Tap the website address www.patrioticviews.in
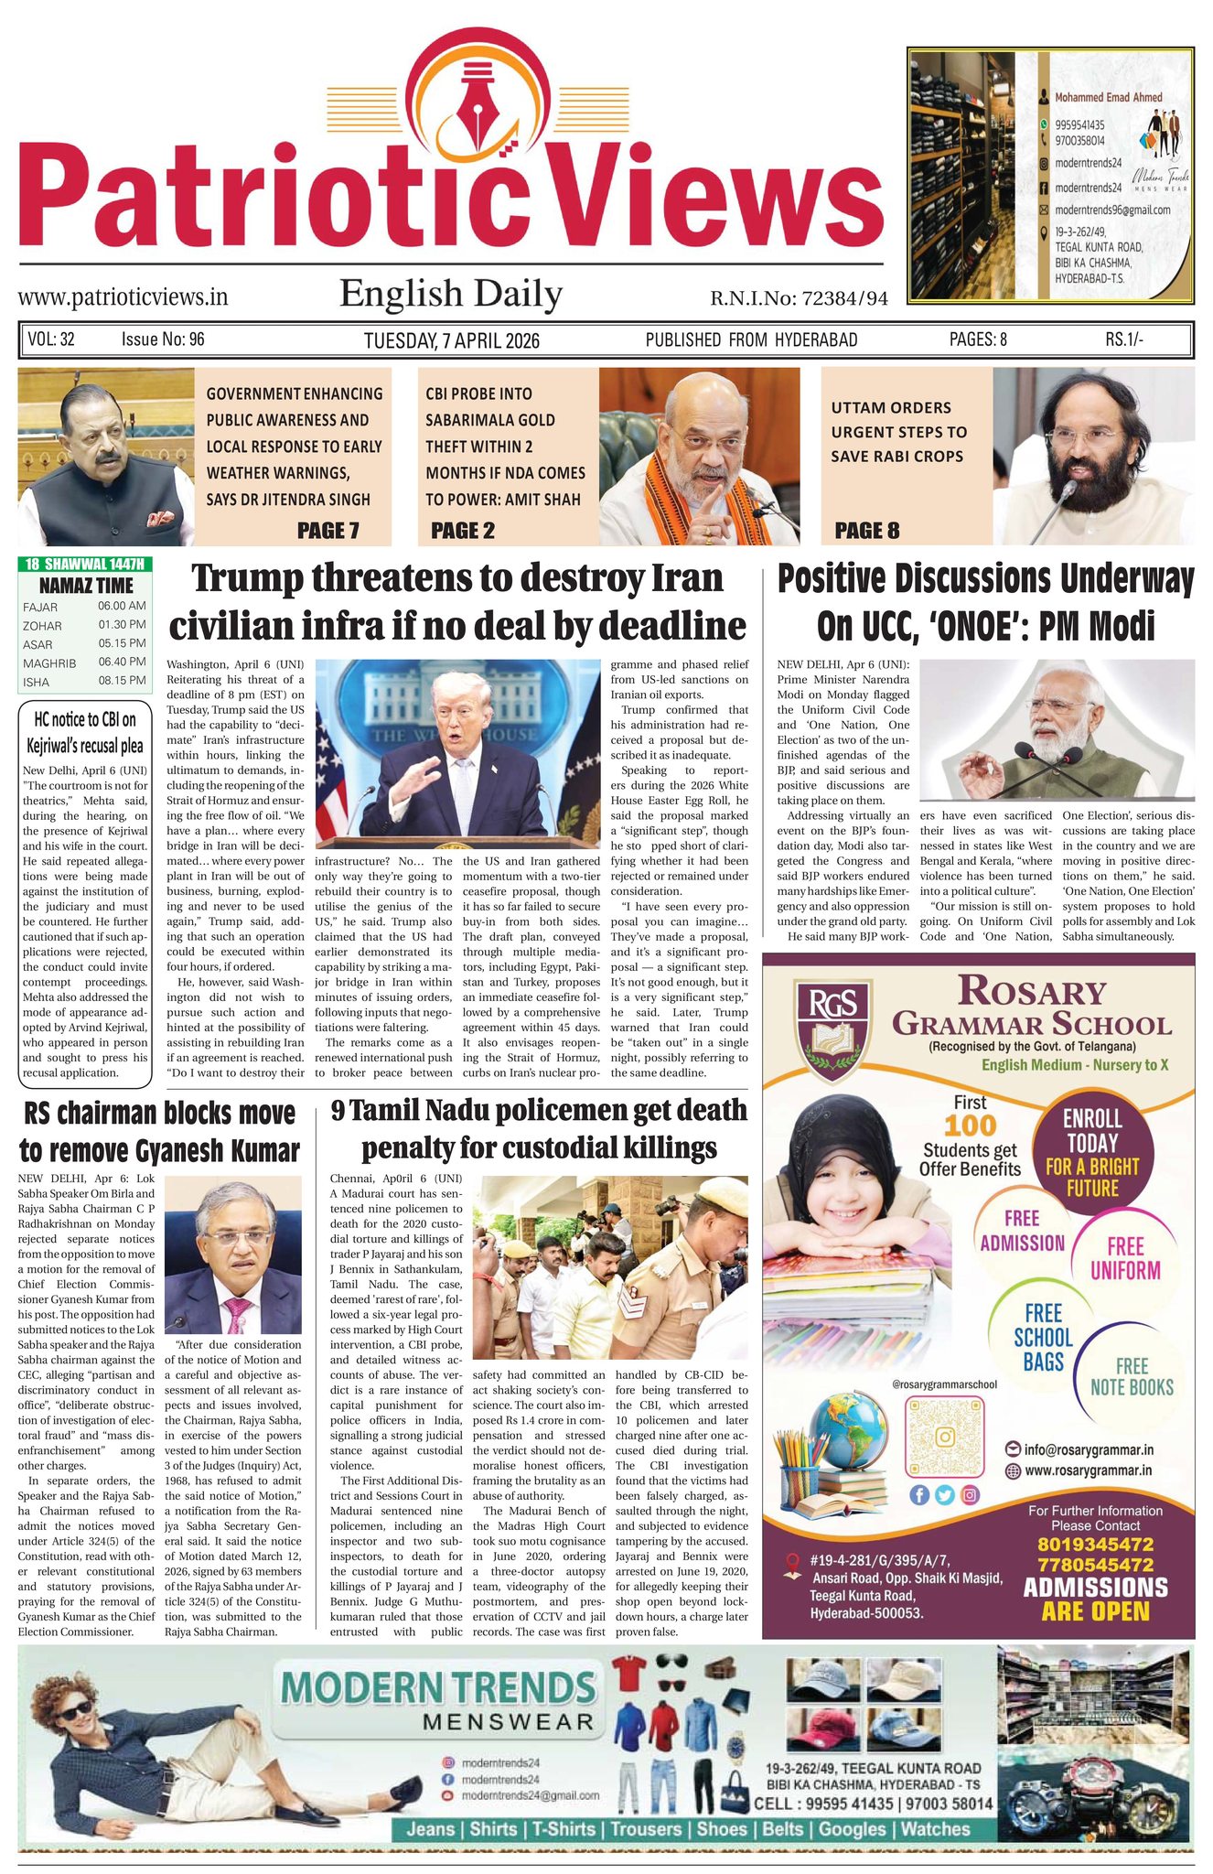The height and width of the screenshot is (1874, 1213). pyautogui.click(x=123, y=296)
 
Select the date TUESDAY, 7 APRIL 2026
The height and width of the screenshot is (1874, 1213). pyautogui.click(x=451, y=340)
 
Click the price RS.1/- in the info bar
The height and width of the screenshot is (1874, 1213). pyautogui.click(x=1123, y=339)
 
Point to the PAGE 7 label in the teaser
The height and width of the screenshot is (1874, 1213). pyautogui.click(x=327, y=530)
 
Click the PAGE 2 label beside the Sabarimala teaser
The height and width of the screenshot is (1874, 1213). pyautogui.click(x=462, y=531)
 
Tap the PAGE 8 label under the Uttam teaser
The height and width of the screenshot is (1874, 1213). pyautogui.click(x=866, y=530)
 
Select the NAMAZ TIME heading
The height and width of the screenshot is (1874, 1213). pyautogui.click(x=86, y=586)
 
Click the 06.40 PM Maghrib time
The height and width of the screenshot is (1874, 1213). pyautogui.click(x=122, y=662)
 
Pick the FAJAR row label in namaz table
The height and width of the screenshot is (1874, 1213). pyautogui.click(x=40, y=607)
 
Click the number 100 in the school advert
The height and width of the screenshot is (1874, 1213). pyautogui.click(x=970, y=1125)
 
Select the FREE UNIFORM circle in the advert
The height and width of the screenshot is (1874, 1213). pyautogui.click(x=1125, y=1257)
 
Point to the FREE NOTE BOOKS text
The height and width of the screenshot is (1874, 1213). pyautogui.click(x=1132, y=1376)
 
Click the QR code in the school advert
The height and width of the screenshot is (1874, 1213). pyautogui.click(x=942, y=1434)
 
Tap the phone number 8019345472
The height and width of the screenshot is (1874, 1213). pyautogui.click(x=1094, y=1544)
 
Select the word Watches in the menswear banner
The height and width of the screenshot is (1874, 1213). pyautogui.click(x=935, y=1829)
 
